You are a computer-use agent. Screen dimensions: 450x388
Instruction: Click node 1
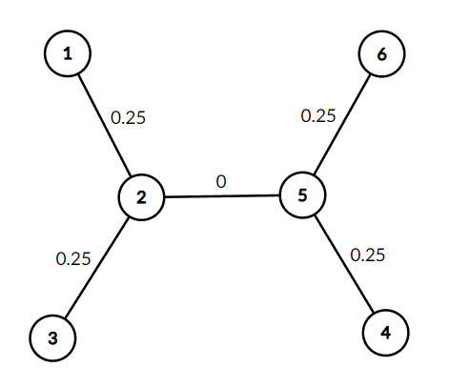pyautogui.click(x=68, y=53)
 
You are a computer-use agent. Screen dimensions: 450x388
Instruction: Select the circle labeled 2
pyautogui.click(x=141, y=197)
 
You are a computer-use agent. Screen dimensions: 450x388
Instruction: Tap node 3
pyautogui.click(x=52, y=337)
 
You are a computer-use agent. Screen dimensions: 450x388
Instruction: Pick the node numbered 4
pyautogui.click(x=385, y=333)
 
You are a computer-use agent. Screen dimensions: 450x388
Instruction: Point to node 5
pyautogui.click(x=302, y=194)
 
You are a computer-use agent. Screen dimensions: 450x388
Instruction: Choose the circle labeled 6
pyautogui.click(x=381, y=53)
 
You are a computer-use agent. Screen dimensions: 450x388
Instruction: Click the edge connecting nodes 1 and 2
pyautogui.click(x=105, y=125)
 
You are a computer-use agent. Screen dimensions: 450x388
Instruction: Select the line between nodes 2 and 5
pyautogui.click(x=222, y=196)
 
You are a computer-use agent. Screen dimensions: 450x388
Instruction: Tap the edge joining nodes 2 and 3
pyautogui.click(x=96, y=268)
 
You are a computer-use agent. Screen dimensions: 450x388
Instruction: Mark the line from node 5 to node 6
pyautogui.click(x=342, y=124)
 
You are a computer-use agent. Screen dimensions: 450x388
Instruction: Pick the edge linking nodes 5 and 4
pyautogui.click(x=344, y=264)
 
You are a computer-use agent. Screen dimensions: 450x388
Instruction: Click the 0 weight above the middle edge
pyautogui.click(x=221, y=182)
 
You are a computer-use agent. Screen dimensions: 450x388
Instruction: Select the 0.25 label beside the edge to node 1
pyautogui.click(x=128, y=117)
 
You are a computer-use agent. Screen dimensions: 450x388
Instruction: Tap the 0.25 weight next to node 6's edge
pyautogui.click(x=318, y=115)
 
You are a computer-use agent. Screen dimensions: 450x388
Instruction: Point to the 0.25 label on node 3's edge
pyautogui.click(x=73, y=258)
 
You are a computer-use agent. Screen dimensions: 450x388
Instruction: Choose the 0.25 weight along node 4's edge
pyautogui.click(x=368, y=255)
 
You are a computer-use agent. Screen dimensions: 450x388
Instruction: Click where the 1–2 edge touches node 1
pyautogui.click(x=79, y=75)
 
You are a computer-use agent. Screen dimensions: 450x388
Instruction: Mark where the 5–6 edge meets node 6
pyautogui.click(x=370, y=74)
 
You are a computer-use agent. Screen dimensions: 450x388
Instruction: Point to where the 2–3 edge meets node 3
pyautogui.click(x=65, y=317)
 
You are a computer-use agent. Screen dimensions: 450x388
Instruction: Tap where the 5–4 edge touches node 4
pyautogui.click(x=374, y=312)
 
